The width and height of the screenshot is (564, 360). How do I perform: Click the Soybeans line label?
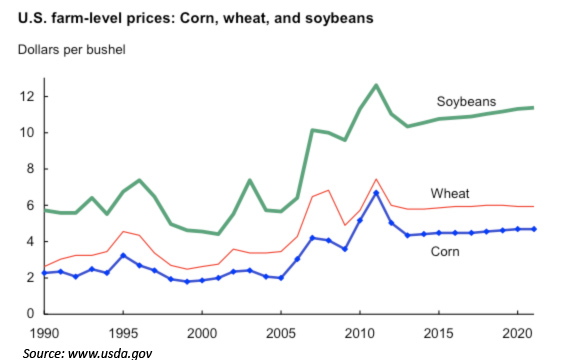(467, 102)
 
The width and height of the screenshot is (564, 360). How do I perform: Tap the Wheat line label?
(451, 193)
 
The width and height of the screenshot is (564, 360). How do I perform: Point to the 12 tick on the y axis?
(26, 96)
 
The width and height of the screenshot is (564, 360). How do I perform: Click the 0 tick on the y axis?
(30, 314)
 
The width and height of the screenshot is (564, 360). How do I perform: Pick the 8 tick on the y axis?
(30, 169)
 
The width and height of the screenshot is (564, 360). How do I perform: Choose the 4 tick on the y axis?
(30, 241)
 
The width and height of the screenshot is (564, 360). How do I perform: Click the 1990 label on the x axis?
(43, 331)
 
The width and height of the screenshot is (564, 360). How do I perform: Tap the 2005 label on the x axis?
(280, 331)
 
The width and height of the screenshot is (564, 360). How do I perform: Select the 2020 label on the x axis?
(515, 331)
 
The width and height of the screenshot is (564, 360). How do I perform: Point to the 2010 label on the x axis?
(358, 331)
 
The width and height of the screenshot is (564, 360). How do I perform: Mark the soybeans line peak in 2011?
(375, 85)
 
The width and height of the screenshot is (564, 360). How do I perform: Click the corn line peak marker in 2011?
(375, 192)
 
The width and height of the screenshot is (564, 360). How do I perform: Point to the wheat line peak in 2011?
(375, 179)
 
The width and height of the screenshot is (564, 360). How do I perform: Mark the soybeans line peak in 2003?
(249, 180)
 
